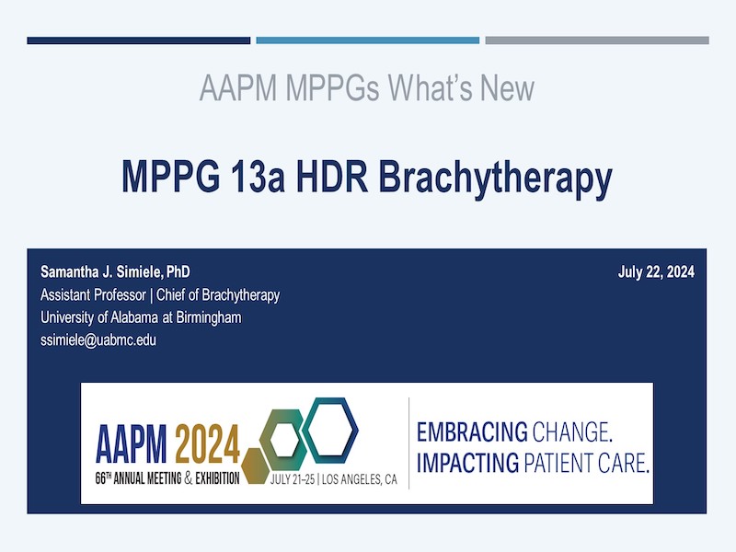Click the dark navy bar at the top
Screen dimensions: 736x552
pos(139,40)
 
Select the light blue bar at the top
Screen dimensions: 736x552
pos(367,40)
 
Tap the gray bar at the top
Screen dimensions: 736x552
pos(597,40)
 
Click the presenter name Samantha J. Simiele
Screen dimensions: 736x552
pos(101,271)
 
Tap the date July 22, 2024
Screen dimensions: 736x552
pos(656,271)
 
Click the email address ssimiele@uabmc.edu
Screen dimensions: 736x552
pos(98,339)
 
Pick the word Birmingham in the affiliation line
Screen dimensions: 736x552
pos(209,317)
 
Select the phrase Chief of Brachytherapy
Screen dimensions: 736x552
pos(218,295)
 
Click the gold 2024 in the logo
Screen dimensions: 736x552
pos(208,443)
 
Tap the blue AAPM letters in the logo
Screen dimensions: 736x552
pos(132,443)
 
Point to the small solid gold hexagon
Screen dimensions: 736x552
pos(255,466)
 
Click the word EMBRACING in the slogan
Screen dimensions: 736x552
pos(472,431)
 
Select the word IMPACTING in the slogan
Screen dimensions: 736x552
pos(467,463)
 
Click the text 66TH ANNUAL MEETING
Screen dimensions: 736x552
pos(139,478)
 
